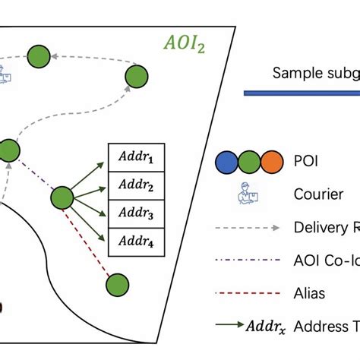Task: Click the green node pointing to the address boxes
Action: pos(62,199)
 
